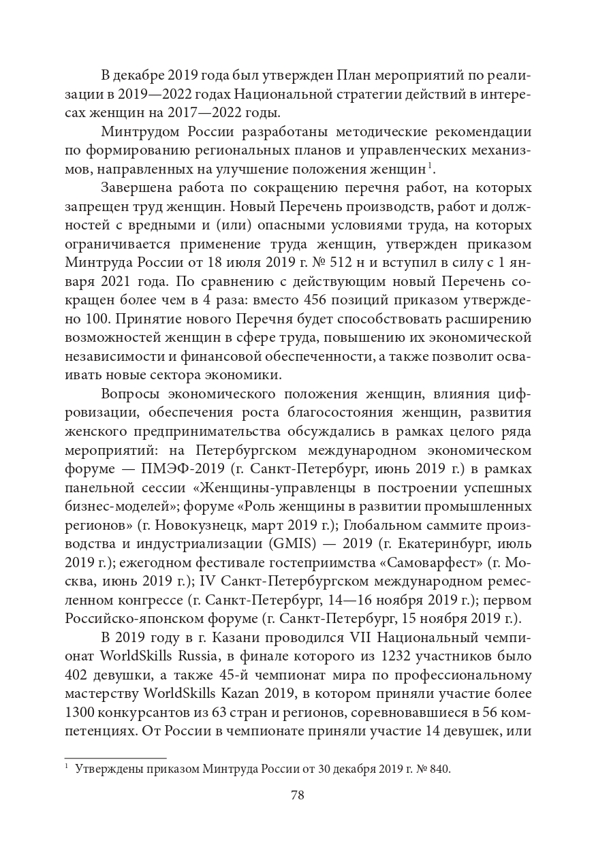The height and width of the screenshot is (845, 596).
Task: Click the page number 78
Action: (x=297, y=795)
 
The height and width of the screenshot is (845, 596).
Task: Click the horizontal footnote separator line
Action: (x=115, y=757)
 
